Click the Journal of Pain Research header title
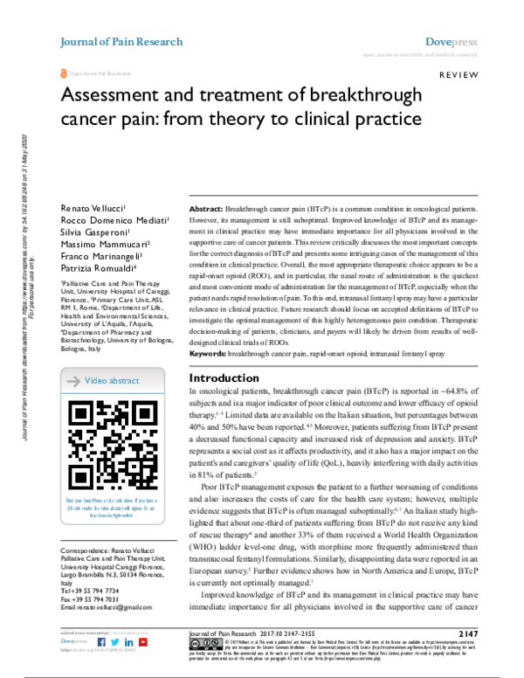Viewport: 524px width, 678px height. tap(121, 42)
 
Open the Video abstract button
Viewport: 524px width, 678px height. tap(111, 381)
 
